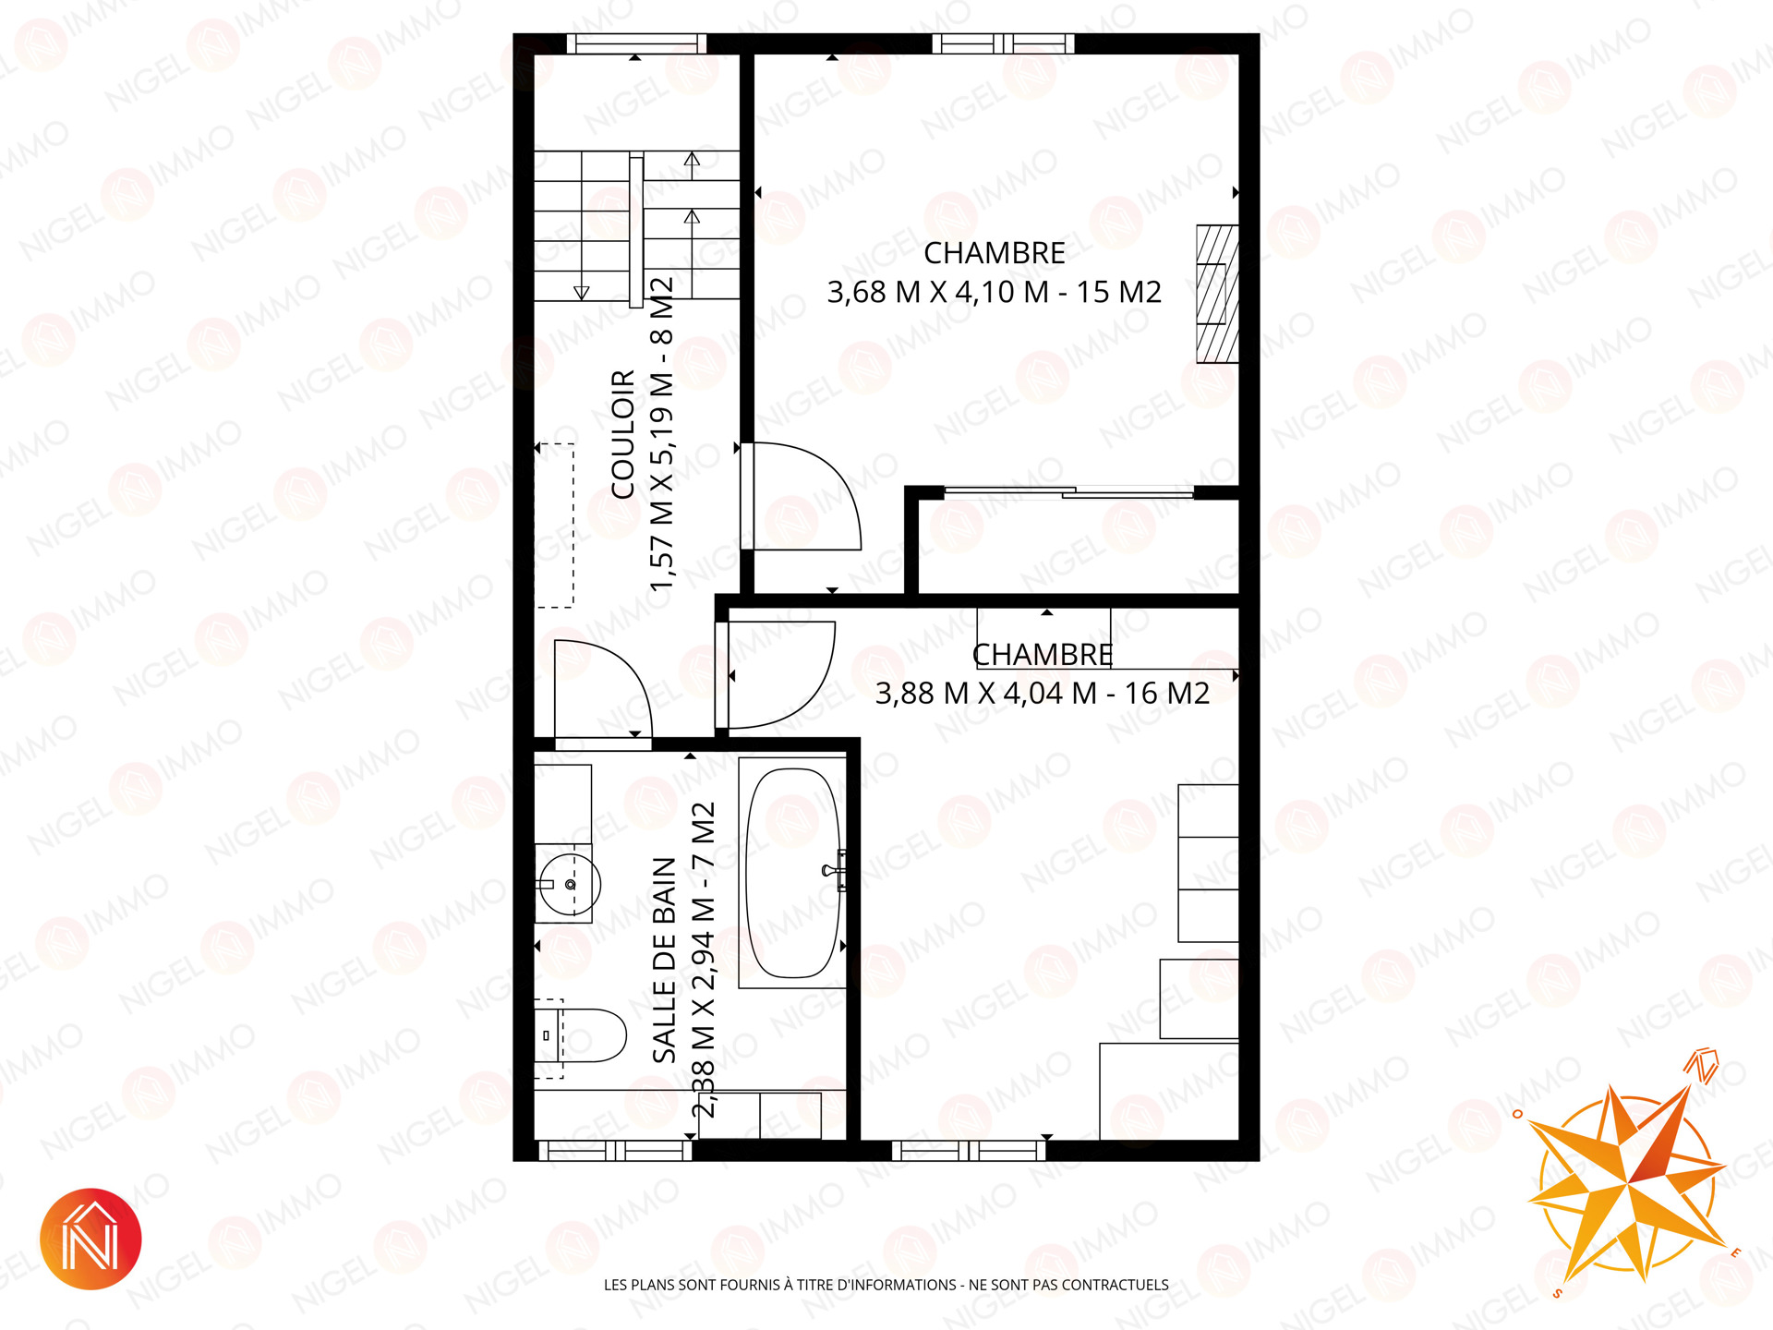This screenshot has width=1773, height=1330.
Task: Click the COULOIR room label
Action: [x=623, y=435]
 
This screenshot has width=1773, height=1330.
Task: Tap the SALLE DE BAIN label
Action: [x=665, y=960]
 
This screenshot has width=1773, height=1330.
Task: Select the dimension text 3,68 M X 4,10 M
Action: [x=938, y=293]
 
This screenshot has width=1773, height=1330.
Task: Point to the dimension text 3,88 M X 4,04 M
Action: [x=986, y=694]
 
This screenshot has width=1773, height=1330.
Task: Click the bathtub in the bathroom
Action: [x=793, y=873]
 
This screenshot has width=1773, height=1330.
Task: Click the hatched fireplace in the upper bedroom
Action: [x=1217, y=294]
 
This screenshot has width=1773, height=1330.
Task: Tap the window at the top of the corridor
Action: [x=635, y=43]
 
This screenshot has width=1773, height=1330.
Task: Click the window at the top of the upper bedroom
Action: [x=1003, y=43]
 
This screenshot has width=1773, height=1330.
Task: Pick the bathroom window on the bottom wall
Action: [x=615, y=1150]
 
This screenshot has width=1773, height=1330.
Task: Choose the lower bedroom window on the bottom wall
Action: [x=969, y=1150]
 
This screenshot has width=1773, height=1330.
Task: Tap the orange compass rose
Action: [x=1627, y=1182]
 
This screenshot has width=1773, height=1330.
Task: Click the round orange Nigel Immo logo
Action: [x=90, y=1239]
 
